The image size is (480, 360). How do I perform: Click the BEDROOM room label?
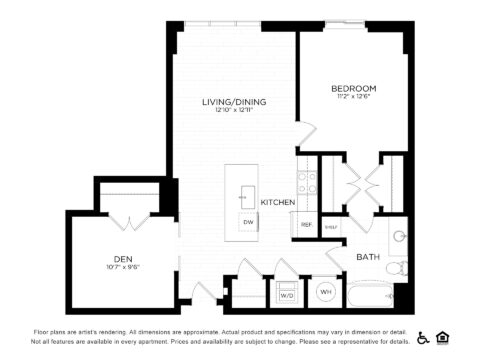tap(353, 89)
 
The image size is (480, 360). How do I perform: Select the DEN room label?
tap(123, 258)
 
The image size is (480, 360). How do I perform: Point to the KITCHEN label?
tap(277, 203)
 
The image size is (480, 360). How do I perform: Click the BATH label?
tap(367, 258)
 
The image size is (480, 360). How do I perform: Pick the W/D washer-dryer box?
tap(287, 295)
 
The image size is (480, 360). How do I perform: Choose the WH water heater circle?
tap(325, 293)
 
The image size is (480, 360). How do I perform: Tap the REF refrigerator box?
tap(306, 225)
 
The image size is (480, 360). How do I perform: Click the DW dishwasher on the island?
tap(247, 222)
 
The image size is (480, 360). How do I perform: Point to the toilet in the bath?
tap(397, 268)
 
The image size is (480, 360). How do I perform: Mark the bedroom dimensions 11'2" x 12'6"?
tap(353, 98)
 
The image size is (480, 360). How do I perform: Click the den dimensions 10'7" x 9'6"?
tap(123, 267)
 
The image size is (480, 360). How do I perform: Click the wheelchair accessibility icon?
tap(423, 337)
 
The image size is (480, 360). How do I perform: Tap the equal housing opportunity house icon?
tap(442, 337)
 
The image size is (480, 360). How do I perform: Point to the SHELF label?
tap(331, 227)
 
